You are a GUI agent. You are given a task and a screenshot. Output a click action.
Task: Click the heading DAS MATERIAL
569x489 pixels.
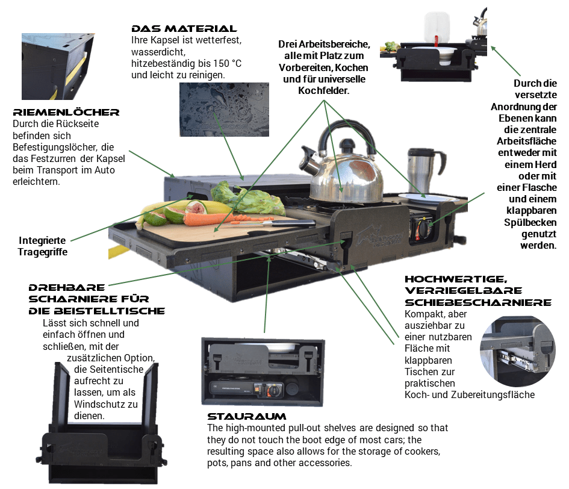(184, 29)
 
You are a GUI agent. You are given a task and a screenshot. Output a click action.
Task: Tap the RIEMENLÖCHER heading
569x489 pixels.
(66, 112)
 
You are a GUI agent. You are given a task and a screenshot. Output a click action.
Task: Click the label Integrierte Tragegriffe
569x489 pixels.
(43, 246)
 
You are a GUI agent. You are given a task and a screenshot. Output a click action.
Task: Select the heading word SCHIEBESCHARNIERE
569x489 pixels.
(478, 302)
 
